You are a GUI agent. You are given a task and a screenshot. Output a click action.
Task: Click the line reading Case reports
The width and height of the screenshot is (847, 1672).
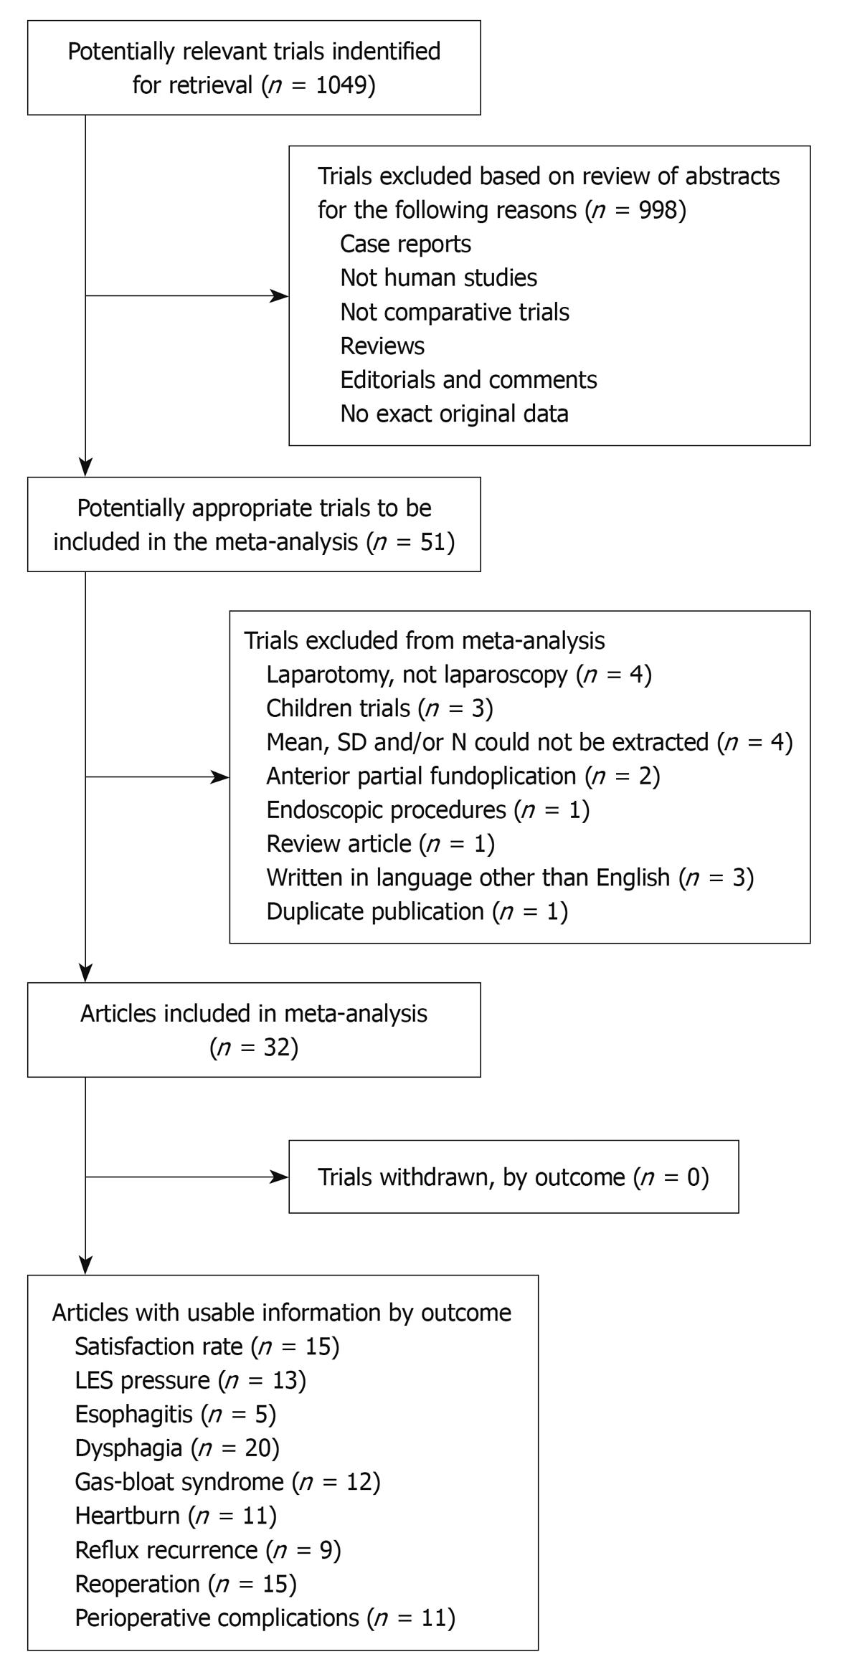[x=405, y=244]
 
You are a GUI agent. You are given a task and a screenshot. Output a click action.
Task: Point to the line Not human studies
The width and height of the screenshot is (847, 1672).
[x=438, y=277]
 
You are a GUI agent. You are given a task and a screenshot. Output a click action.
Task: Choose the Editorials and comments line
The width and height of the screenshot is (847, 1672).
[x=468, y=379]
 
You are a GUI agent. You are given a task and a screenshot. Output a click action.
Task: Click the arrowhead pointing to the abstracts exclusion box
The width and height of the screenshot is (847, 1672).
[x=279, y=295]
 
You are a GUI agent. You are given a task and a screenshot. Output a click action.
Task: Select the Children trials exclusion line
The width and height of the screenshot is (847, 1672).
[x=379, y=708]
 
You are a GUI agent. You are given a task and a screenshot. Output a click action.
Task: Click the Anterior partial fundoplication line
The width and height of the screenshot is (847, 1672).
[x=463, y=776]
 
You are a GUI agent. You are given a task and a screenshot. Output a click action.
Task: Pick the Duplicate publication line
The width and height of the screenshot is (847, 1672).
[x=417, y=911]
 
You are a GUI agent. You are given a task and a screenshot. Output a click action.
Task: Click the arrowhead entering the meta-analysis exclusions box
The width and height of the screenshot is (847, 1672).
[x=219, y=776]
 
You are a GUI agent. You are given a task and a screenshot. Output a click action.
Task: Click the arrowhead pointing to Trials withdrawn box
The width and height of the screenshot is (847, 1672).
[x=279, y=1177]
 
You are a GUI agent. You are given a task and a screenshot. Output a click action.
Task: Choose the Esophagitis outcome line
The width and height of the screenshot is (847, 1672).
[x=175, y=1414]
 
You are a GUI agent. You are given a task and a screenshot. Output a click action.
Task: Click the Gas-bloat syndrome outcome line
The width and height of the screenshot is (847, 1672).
[x=227, y=1481]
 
